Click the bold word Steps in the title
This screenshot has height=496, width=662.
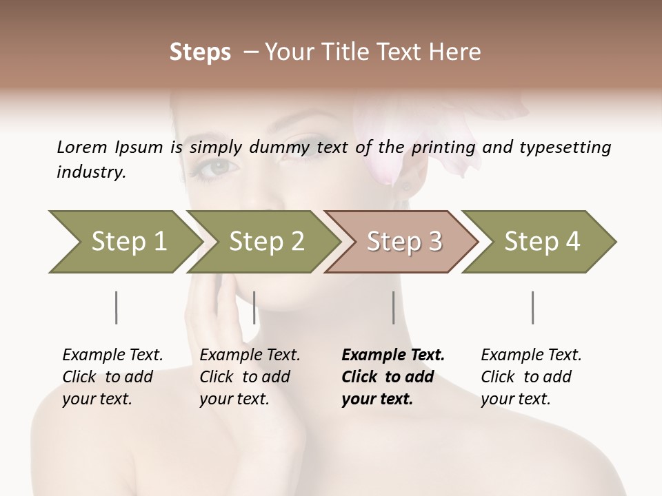[200, 52]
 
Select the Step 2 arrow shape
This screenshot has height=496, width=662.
[265, 242]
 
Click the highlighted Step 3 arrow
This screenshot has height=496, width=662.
[403, 242]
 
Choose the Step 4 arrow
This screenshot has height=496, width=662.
[541, 242]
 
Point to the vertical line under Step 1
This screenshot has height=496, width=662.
[117, 307]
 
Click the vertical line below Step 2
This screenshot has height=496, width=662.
[254, 307]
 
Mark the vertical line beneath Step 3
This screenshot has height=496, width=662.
[394, 307]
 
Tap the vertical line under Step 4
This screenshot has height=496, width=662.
[533, 307]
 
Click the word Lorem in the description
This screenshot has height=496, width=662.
[81, 147]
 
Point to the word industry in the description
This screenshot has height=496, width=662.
[91, 172]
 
